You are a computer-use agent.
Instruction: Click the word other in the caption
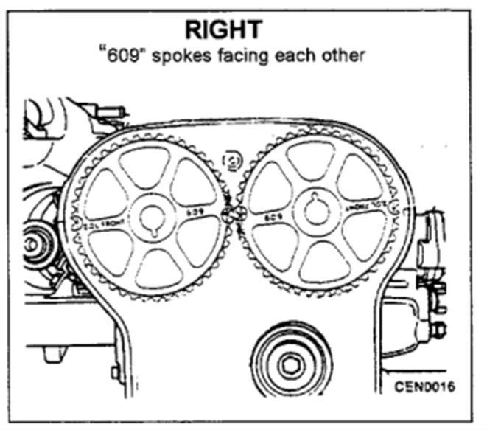coord(343,56)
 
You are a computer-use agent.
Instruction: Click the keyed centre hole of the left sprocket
coord(153,217)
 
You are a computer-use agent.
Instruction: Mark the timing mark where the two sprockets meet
coord(234,215)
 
